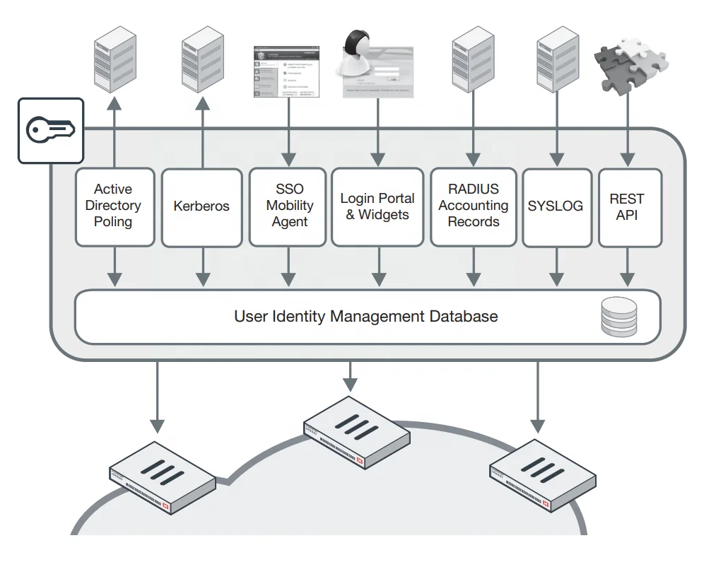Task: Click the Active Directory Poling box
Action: point(114,206)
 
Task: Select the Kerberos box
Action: point(201,206)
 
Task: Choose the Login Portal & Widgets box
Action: point(377,206)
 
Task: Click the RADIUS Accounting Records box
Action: point(473,206)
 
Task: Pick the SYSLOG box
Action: point(556,206)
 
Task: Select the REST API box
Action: point(629,206)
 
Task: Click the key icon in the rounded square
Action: point(50,130)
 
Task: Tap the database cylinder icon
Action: point(618,316)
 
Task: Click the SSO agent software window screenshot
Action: point(287,71)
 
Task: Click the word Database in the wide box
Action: point(463,316)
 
